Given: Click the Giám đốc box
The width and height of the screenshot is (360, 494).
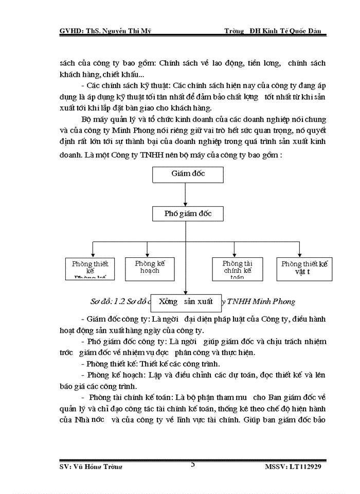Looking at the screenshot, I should click(x=188, y=174).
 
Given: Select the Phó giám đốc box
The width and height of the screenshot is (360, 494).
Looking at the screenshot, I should click(x=188, y=213).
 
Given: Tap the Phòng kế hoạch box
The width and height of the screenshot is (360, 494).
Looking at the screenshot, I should click(x=147, y=267).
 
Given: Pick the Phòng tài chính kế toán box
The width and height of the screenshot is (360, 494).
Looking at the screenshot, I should click(x=238, y=268).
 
